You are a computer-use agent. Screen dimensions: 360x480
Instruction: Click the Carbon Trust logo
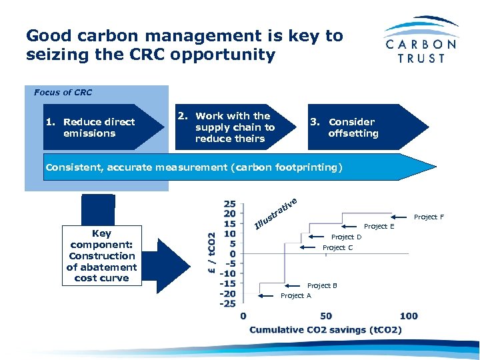point(421,40)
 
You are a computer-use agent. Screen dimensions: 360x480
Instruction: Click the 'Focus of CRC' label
point(63,92)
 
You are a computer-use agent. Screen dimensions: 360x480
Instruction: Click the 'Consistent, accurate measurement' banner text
point(193,167)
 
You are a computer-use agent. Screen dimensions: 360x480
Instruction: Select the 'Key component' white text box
point(101,256)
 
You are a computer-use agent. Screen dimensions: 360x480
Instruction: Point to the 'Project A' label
point(296,295)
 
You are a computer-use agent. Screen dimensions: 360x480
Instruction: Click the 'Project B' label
point(322,285)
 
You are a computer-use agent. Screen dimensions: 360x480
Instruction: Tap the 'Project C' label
point(337,247)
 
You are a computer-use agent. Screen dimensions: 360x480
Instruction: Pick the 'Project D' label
point(346,237)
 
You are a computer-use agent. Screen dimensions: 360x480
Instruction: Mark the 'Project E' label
point(379,226)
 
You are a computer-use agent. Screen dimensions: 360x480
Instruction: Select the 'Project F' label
point(429,217)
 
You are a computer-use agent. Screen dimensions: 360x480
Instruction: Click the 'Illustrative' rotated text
point(275,212)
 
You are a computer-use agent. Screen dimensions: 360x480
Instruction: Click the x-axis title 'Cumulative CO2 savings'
point(325,329)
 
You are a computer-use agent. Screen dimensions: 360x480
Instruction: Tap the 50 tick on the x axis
point(326,316)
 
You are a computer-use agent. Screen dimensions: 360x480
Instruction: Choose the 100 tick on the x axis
point(409,316)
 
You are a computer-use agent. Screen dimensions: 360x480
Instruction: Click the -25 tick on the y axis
point(228,303)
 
